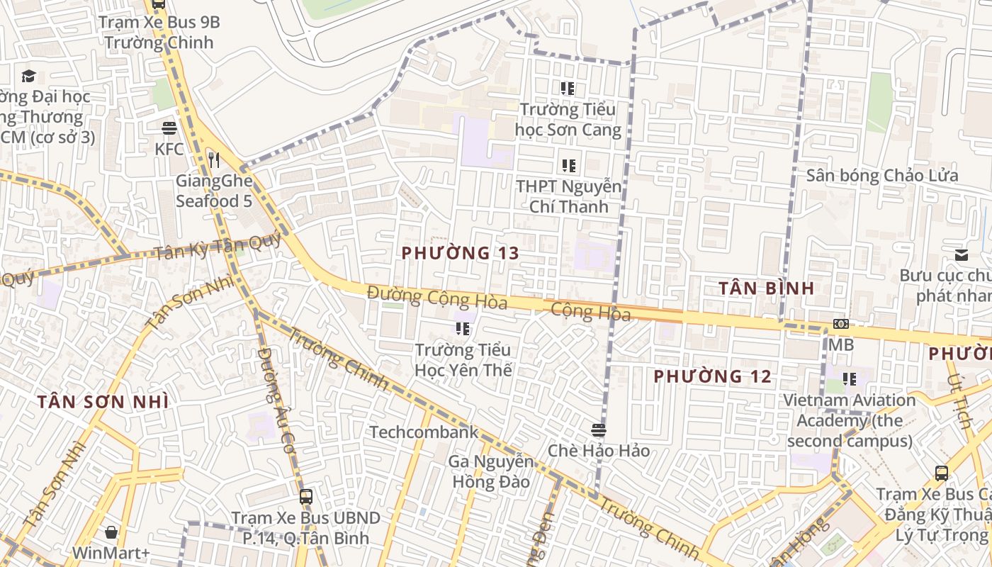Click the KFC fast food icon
pyautogui.click(x=169, y=128)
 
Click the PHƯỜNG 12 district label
pyautogui.click(x=712, y=376)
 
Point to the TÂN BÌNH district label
pyautogui.click(x=767, y=288)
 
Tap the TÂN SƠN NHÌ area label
pyautogui.click(x=103, y=403)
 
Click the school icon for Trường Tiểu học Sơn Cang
pyautogui.click(x=568, y=89)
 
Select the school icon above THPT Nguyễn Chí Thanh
pyautogui.click(x=569, y=166)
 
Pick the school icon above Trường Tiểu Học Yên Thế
pyautogui.click(x=463, y=328)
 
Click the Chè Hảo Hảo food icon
pyautogui.click(x=599, y=430)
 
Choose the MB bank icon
pyautogui.click(x=841, y=324)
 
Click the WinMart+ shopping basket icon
pyautogui.click(x=111, y=532)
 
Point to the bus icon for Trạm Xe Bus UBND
pyautogui.click(x=306, y=497)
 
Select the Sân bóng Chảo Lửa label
pyautogui.click(x=882, y=176)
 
